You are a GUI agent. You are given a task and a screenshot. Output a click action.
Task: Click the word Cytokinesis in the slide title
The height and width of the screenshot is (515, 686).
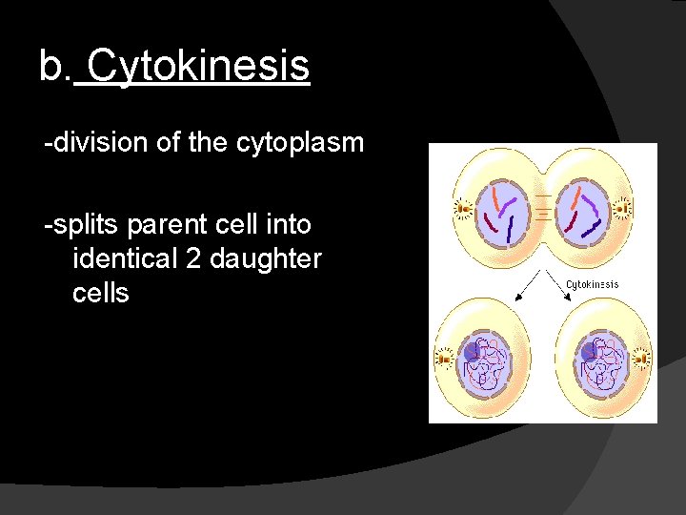coord(198,67)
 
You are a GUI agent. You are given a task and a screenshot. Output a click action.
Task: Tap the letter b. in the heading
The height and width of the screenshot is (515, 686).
coord(54,67)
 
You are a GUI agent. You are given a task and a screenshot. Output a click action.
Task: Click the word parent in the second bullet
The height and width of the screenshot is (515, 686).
coord(160,225)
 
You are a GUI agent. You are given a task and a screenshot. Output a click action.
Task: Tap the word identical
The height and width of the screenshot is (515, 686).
coord(125,258)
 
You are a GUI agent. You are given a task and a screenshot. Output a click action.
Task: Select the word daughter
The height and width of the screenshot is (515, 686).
coord(268,258)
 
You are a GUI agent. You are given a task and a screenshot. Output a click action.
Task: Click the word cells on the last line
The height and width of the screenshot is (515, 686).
coord(100,292)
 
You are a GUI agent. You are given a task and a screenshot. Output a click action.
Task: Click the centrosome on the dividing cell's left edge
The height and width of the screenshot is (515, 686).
coord(464,207)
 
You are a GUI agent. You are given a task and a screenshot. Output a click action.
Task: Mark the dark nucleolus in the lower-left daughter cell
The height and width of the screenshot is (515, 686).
coord(471,352)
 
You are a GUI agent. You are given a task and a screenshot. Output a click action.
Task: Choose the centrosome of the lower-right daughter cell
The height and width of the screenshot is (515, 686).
coord(639,359)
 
